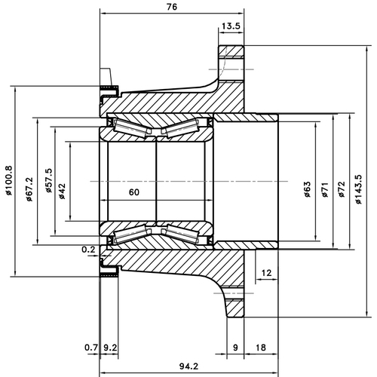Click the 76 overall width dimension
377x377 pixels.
point(171,8)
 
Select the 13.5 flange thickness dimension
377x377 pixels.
point(231,26)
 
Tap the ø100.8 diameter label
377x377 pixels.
point(9,182)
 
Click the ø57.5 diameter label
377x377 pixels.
point(48,182)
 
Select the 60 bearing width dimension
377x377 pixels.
point(134,192)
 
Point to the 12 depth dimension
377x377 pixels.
point(266,272)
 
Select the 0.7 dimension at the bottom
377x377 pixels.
point(91,348)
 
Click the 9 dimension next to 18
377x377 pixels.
point(236,348)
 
